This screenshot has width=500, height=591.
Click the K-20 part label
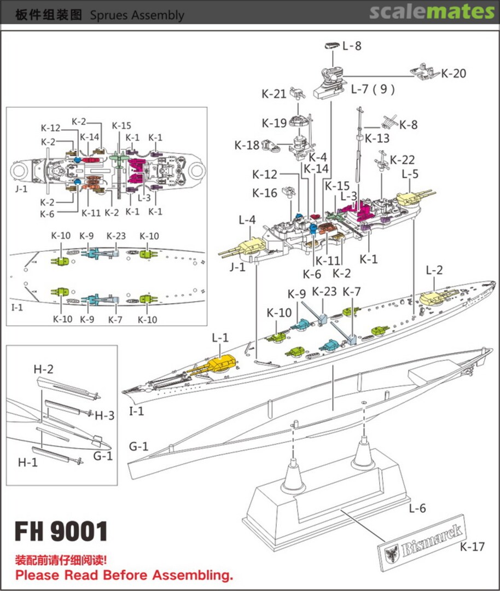(x=454, y=73)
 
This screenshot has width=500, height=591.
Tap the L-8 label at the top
(x=352, y=47)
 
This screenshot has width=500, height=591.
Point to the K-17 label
(x=472, y=547)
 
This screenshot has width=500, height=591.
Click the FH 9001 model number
(x=61, y=531)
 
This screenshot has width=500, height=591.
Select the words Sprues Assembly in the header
(x=137, y=15)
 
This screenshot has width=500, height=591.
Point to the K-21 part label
(x=274, y=94)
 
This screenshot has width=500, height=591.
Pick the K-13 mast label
(x=377, y=138)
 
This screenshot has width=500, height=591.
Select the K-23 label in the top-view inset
(x=116, y=236)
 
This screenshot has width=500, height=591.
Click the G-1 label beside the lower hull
(x=138, y=447)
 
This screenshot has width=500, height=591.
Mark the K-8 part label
(x=408, y=125)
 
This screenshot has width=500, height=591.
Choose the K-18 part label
(x=247, y=145)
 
